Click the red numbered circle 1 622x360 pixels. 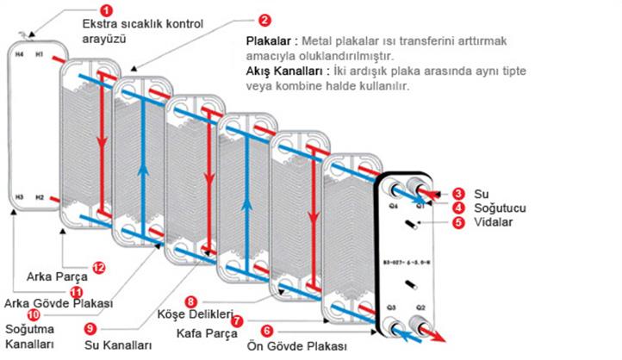(106, 10)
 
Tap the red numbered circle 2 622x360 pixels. (264, 19)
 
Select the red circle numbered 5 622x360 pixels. (459, 221)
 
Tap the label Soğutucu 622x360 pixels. (501, 208)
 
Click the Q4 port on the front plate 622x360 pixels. (394, 194)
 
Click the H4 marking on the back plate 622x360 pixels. (20, 54)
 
